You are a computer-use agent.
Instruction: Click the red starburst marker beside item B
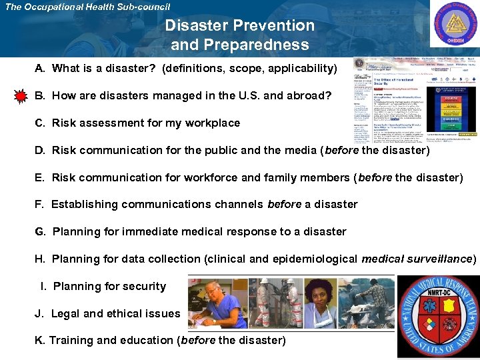click(21, 97)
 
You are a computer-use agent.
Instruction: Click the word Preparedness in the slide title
click(240, 45)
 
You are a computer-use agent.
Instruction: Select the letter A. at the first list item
click(41, 69)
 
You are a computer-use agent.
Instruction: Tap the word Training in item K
click(71, 341)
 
